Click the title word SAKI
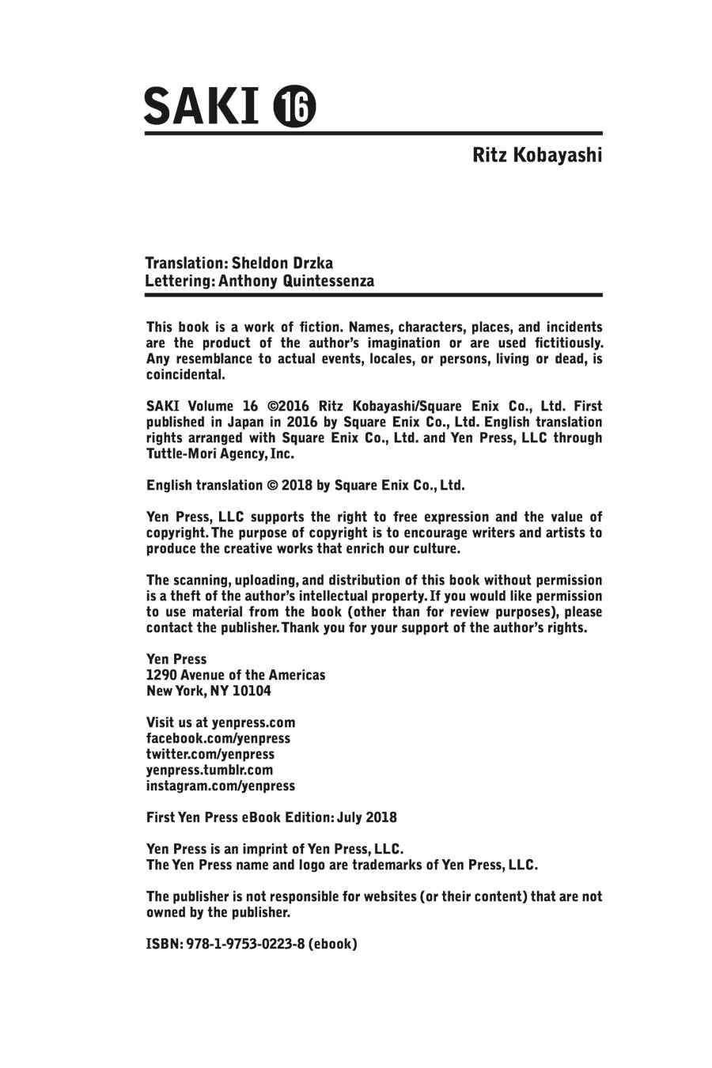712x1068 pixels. point(201,106)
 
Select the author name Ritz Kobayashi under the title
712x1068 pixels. point(537,154)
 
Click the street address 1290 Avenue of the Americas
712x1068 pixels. point(236,675)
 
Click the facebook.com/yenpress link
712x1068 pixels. point(218,738)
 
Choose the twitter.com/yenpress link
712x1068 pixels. point(210,754)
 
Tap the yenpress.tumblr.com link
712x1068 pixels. point(210,770)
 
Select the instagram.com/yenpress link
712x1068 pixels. point(221,786)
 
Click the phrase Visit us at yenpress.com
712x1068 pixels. point(221,722)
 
